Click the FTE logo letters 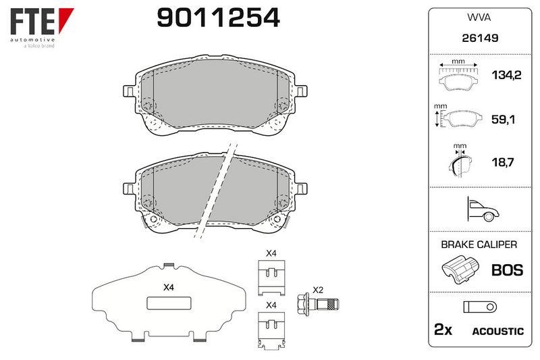tap(32, 22)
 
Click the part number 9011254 tap(218, 18)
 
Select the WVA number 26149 tap(480, 38)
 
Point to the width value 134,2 tap(506, 75)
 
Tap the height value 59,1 tap(503, 120)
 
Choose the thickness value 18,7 tap(503, 162)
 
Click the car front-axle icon tap(483, 209)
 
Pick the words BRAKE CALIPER tap(479, 245)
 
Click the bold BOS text tap(508, 270)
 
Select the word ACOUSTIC tap(497, 332)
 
